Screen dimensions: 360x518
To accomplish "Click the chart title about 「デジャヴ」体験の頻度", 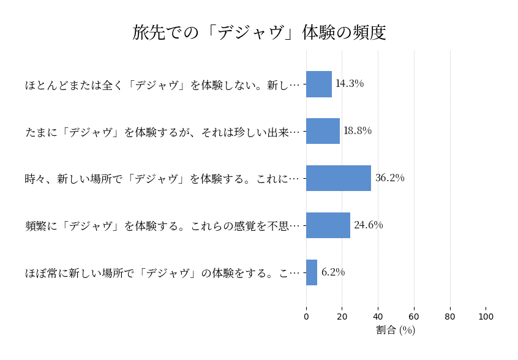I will [259, 32].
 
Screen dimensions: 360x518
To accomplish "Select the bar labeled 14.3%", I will [319, 84].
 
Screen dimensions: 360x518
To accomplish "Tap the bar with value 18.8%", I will [323, 131].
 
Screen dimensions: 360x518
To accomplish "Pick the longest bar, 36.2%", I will [339, 178].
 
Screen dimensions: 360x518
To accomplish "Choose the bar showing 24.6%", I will [328, 225].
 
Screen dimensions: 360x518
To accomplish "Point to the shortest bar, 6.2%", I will [312, 272].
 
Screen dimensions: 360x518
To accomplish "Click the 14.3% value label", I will [350, 84].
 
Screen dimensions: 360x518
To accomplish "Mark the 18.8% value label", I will [358, 131].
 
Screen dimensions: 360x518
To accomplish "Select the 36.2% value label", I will [390, 178].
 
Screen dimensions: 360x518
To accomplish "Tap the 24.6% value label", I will [369, 225].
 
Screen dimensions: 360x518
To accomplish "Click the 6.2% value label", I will [333, 272].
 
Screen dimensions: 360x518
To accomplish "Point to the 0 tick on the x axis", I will [306, 317].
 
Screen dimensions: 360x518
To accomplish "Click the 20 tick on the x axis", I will [342, 317].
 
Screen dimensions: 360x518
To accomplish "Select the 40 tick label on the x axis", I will [378, 317].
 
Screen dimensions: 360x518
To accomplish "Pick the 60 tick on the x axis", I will [414, 317].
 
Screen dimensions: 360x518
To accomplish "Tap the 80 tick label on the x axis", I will [450, 317].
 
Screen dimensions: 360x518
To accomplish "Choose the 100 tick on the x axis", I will [486, 317].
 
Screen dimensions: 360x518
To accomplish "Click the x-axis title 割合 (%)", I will [396, 331].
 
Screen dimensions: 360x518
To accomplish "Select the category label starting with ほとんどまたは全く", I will [163, 84].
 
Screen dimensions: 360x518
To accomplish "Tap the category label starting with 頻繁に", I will [163, 226].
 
